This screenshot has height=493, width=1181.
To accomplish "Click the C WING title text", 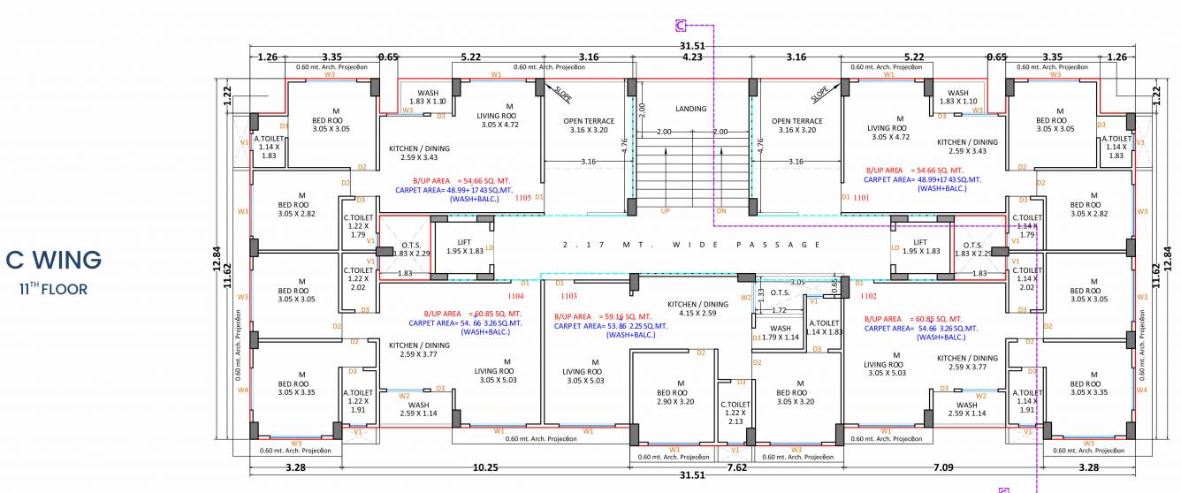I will pos(53,261).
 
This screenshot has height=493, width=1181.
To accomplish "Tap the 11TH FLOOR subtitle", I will pos(53,288).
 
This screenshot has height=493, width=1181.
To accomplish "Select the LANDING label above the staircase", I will pos(690,109).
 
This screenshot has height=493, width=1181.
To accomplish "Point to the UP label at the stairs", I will pos(665,211).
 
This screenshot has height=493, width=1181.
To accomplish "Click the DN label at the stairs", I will pos(720,211).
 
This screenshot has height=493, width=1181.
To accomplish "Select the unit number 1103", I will pos(568,296).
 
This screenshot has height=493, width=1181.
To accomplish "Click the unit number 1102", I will pos(867,296).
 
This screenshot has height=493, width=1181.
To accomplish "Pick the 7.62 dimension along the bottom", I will pos(736,467).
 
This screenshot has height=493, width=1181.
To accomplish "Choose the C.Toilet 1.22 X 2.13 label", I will pos(735,413).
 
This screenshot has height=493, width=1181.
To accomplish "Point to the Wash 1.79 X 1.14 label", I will pos(780,332).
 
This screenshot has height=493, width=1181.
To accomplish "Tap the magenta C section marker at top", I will pos(681,25).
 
